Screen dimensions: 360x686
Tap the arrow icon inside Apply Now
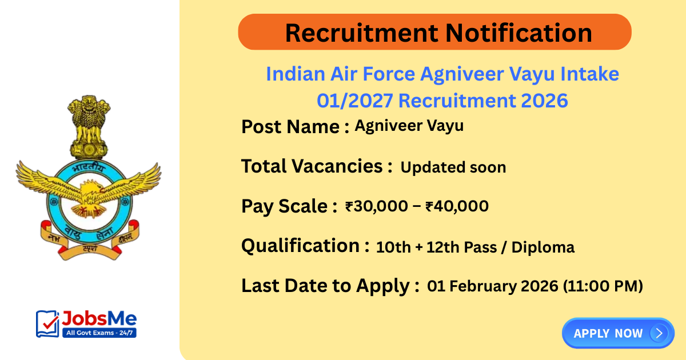[659, 333]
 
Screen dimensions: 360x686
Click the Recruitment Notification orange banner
[434, 32]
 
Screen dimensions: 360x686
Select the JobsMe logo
[86, 323]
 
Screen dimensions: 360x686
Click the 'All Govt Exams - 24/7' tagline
[98, 331]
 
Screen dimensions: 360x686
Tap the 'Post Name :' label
[295, 126]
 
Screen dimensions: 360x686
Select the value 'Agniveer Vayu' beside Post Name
[409, 126]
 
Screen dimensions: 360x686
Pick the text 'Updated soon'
[453, 167]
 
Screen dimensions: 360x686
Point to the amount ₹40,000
[457, 206]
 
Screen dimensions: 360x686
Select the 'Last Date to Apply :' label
[330, 286]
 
